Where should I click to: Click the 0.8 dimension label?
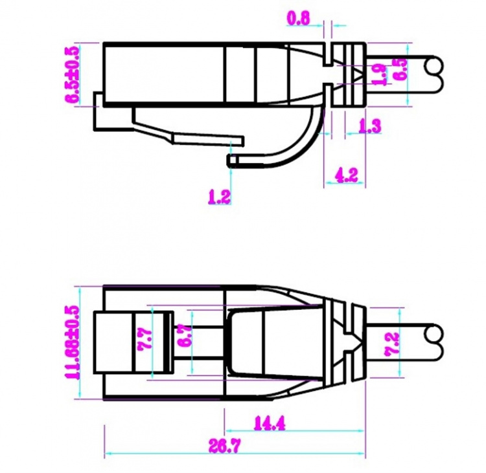298,18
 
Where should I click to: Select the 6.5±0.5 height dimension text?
72,74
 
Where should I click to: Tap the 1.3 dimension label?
369,126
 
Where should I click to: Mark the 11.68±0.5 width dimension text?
73,342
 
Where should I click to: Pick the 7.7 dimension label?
144,340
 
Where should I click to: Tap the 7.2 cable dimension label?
392,344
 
